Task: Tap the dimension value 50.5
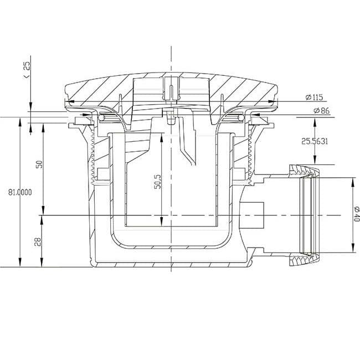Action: (157, 181)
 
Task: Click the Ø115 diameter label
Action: (312, 97)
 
